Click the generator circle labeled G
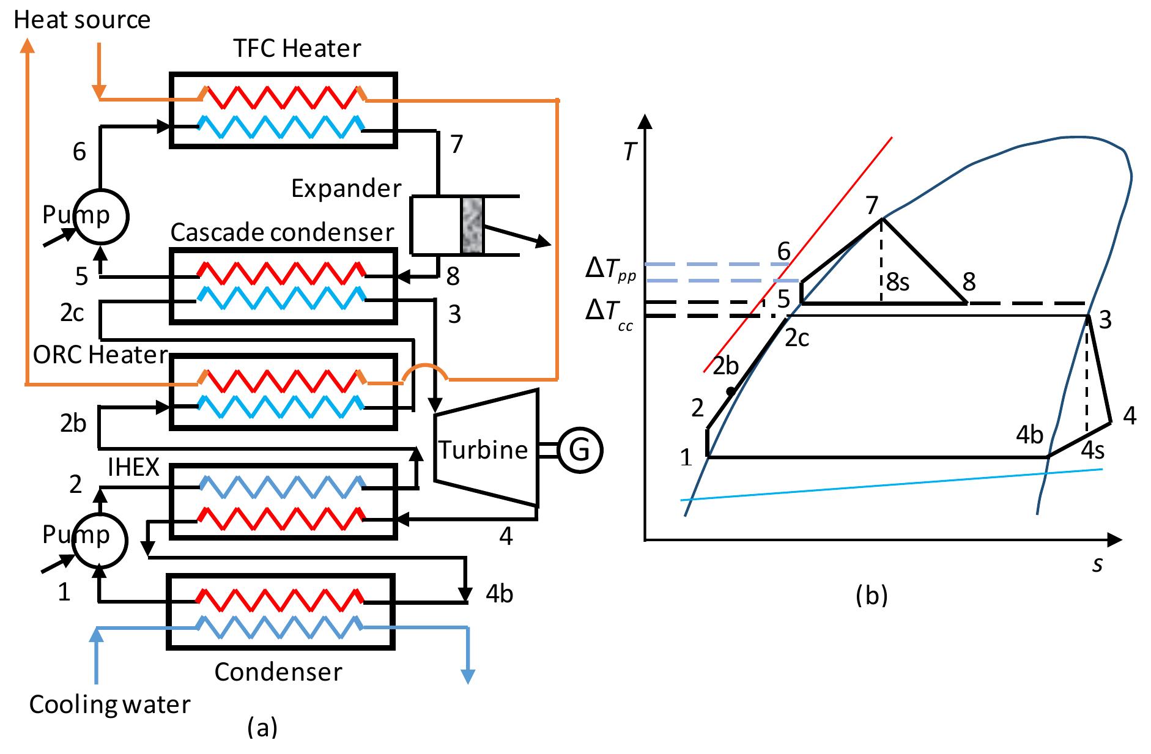(x=579, y=449)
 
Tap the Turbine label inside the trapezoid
(x=483, y=449)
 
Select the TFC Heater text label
(x=297, y=48)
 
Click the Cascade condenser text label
(x=282, y=232)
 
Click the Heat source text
(x=82, y=20)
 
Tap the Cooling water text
(x=110, y=704)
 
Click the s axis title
(x=1098, y=564)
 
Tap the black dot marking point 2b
(x=730, y=391)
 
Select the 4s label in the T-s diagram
(x=1093, y=450)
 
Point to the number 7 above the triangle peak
(x=872, y=205)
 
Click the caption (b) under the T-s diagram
(x=872, y=594)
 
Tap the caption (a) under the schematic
(x=262, y=727)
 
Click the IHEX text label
(x=133, y=467)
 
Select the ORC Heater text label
(x=100, y=355)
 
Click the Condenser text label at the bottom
(x=278, y=671)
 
